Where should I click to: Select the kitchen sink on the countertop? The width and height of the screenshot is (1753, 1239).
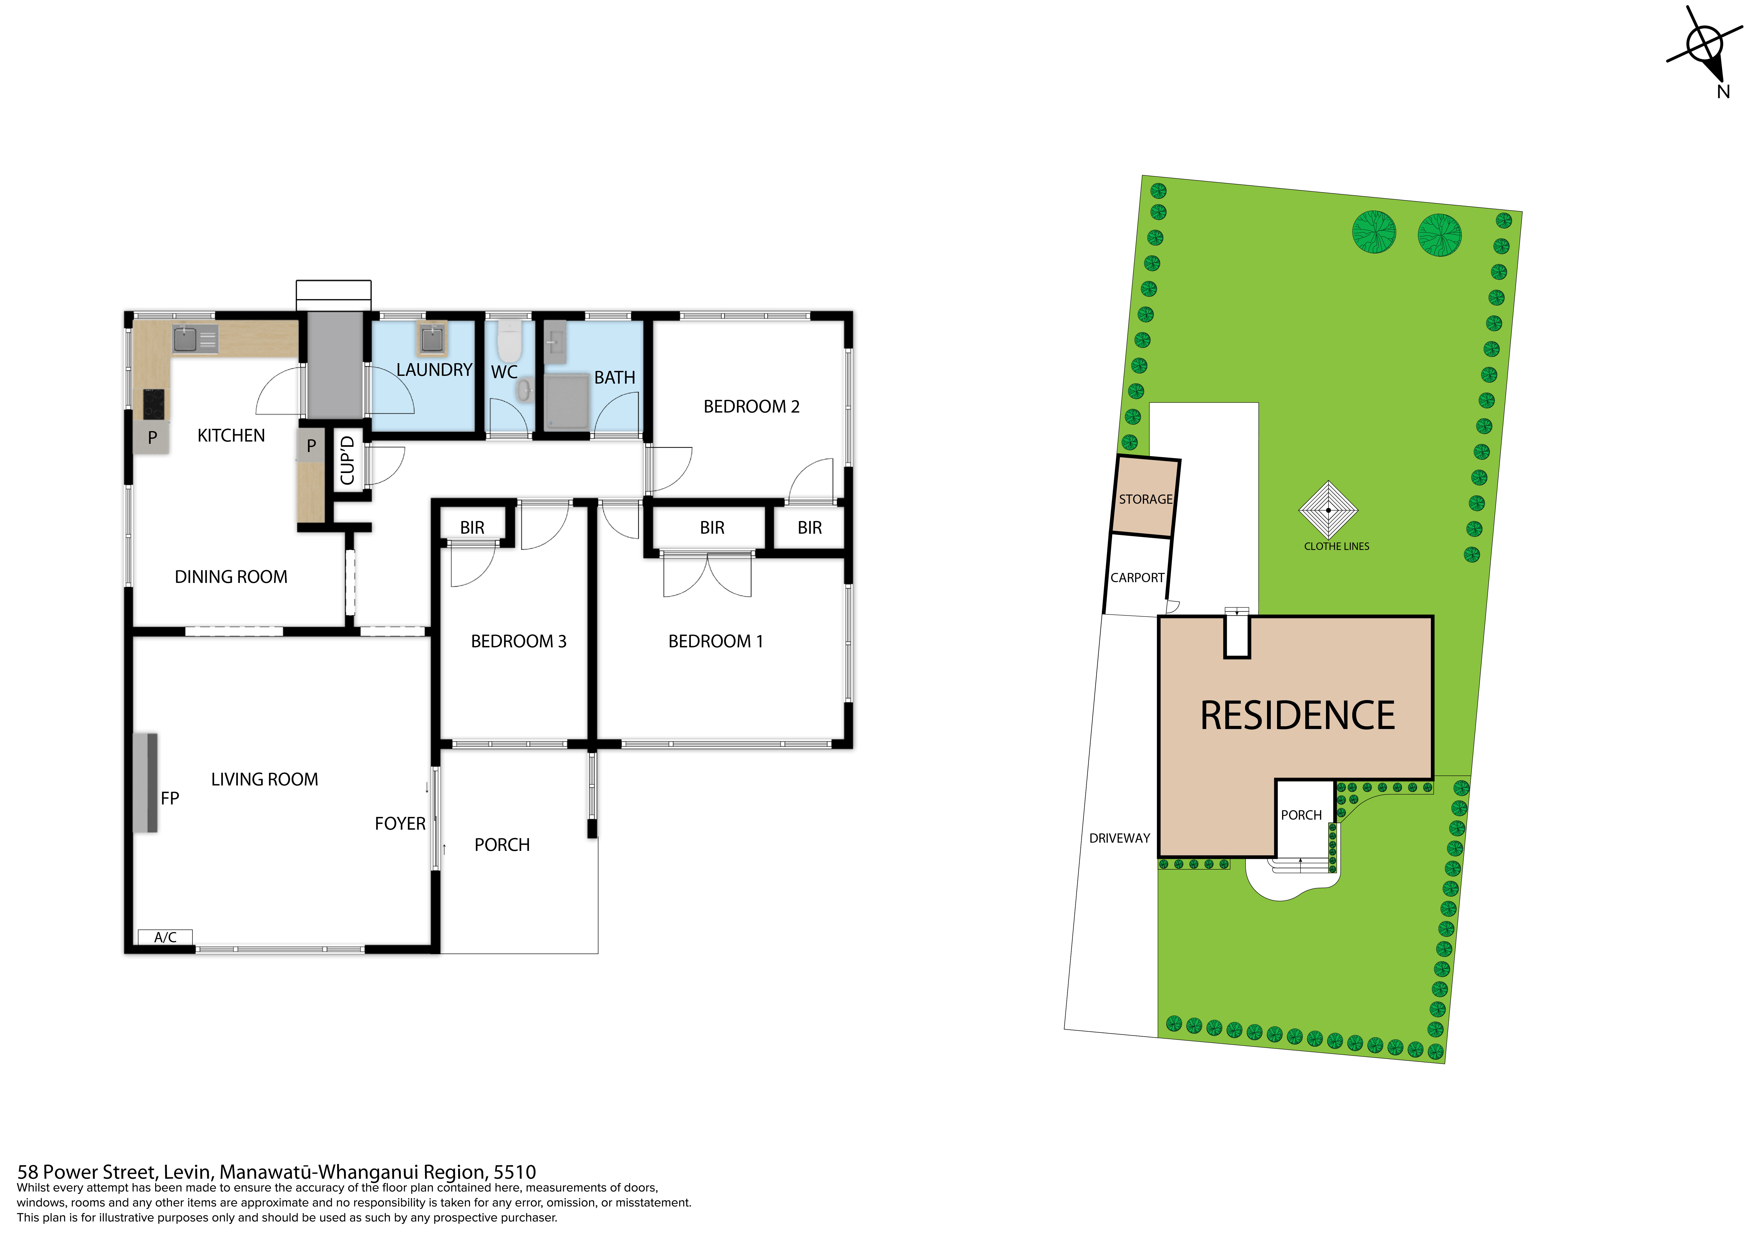(x=195, y=339)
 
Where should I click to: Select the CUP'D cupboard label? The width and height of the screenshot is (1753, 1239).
(x=347, y=460)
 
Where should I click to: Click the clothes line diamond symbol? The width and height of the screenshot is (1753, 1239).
(x=1328, y=510)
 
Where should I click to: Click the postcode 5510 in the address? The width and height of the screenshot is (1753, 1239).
(x=515, y=1172)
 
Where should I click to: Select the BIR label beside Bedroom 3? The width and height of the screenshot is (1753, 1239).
(x=472, y=527)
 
